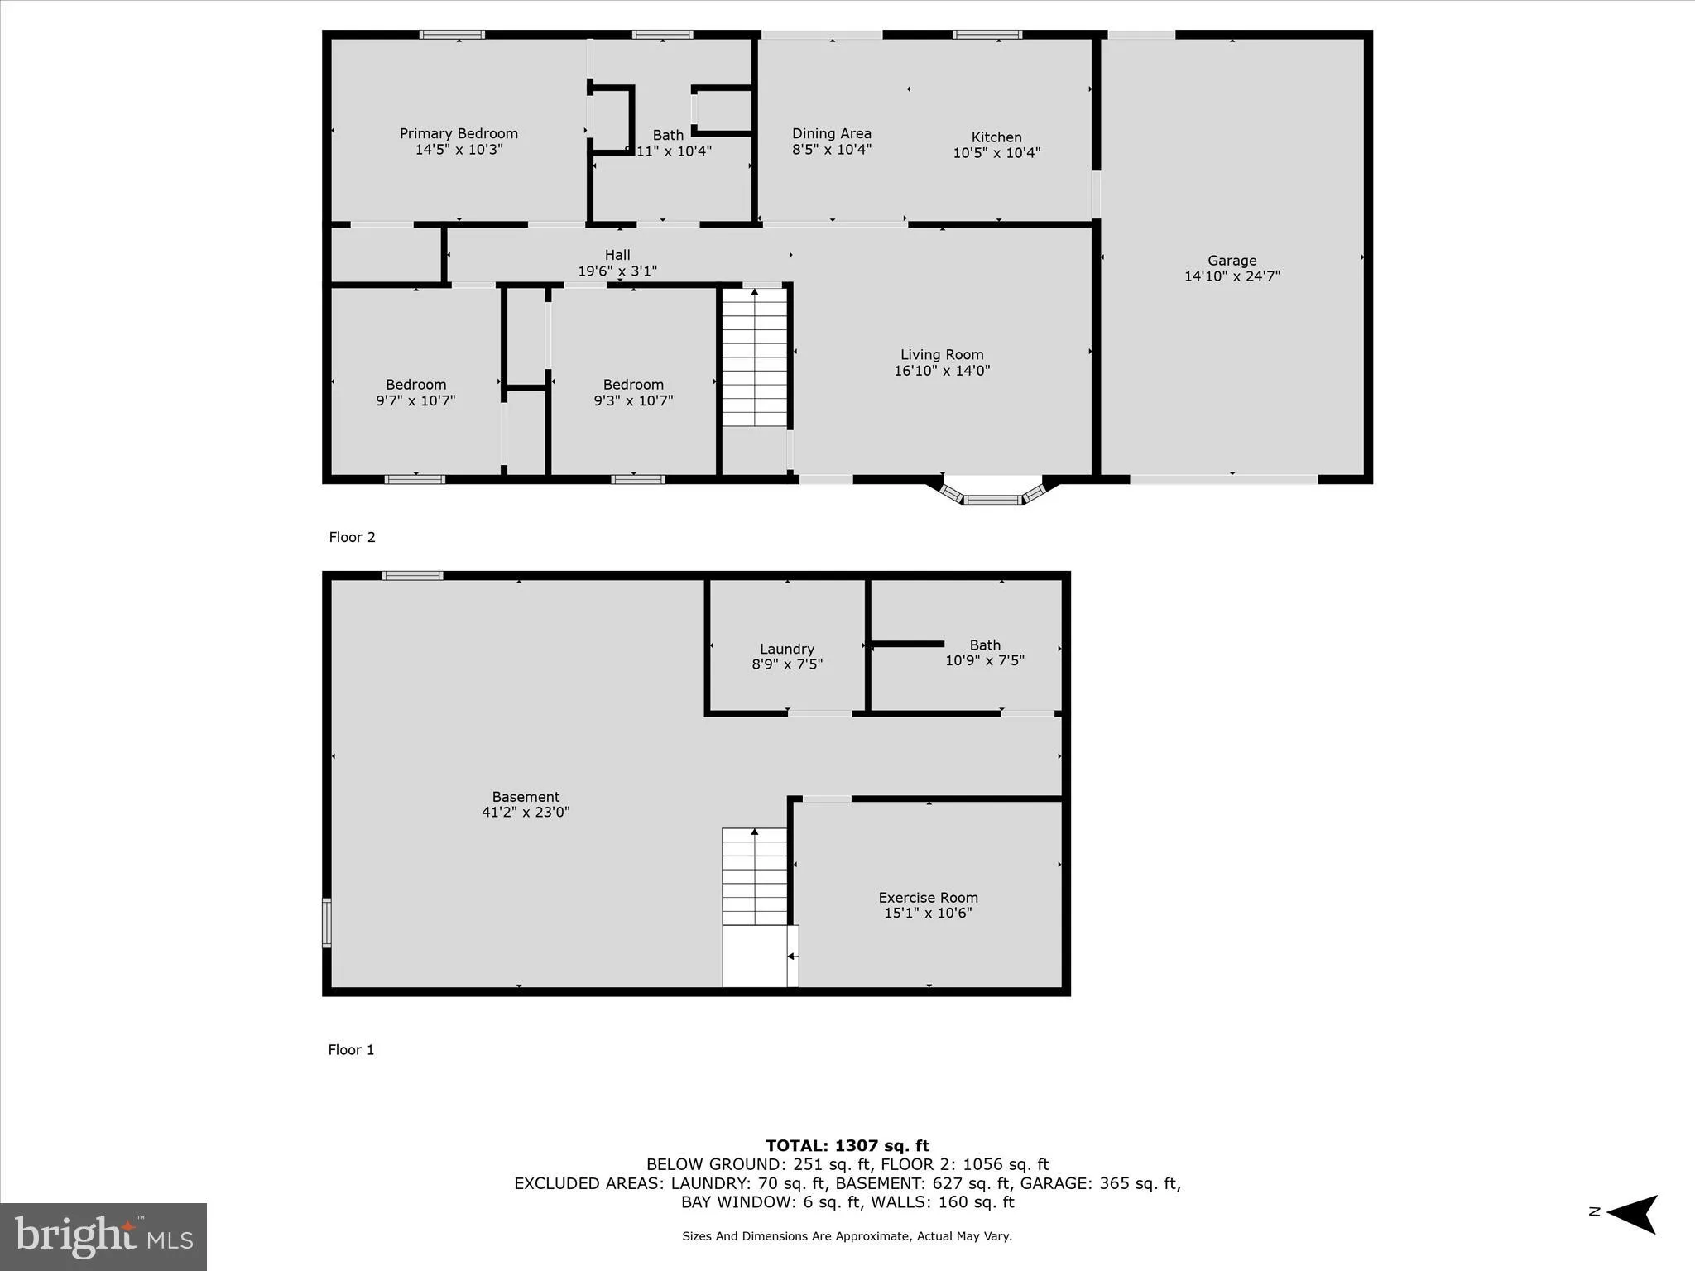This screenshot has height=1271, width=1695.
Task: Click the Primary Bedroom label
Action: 459,133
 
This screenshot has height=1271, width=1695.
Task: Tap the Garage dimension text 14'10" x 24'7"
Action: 1232,276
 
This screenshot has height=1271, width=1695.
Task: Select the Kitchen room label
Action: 996,137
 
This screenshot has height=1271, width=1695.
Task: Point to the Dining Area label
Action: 831,133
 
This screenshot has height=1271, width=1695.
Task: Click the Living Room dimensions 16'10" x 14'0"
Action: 942,371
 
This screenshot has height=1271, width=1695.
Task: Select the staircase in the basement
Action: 754,877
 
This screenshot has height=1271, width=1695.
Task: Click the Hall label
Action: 617,255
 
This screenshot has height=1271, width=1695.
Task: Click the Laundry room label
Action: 787,649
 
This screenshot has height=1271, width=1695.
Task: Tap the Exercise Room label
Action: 928,897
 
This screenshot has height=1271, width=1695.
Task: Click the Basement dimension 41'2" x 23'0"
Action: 526,813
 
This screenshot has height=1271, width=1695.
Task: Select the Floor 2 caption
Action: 352,537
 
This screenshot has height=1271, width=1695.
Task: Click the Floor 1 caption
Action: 351,1050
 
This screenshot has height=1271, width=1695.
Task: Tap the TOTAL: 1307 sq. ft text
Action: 847,1145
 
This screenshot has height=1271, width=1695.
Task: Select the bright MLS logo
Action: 103,1236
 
